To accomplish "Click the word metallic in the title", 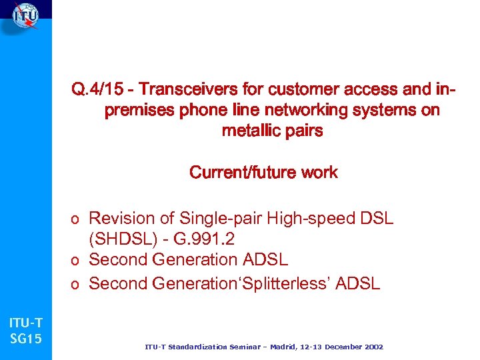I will [x=252, y=131].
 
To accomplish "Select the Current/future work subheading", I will [x=263, y=173].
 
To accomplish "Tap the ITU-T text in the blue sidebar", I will [x=25, y=323].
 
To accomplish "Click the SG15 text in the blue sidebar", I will [x=25, y=339].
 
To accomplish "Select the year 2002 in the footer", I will [x=372, y=347].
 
